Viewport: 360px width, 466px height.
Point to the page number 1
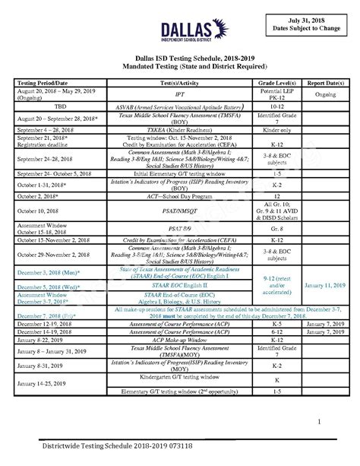[320, 422]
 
